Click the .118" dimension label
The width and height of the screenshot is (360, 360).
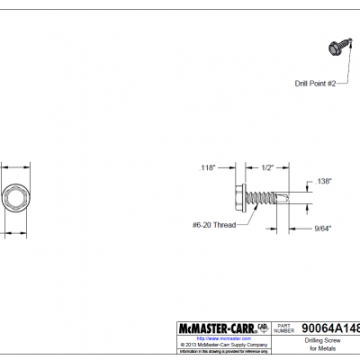pyautogui.click(x=209, y=168)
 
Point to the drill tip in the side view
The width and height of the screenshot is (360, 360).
pyautogui.click(x=293, y=198)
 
